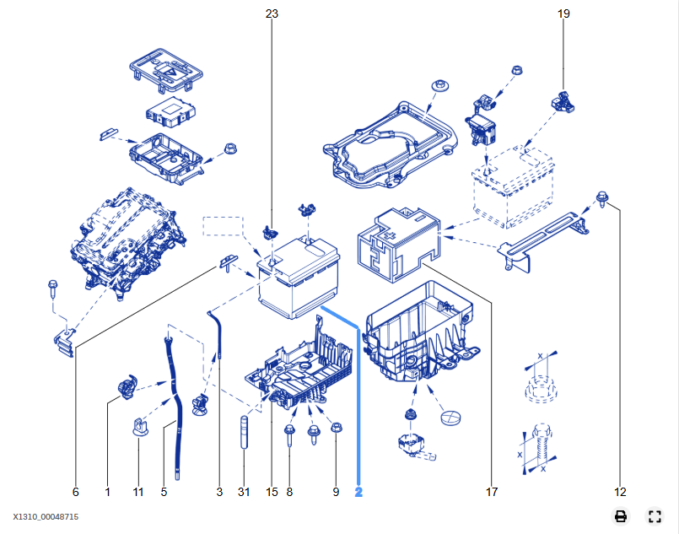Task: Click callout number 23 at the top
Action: click(x=272, y=13)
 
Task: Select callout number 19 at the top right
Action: click(x=563, y=13)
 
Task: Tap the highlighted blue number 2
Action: click(x=358, y=492)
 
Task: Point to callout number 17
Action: click(x=492, y=492)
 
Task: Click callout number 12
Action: click(x=620, y=492)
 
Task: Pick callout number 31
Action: click(x=245, y=492)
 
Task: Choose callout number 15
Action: click(x=272, y=492)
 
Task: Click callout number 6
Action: click(x=75, y=492)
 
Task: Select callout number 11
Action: click(x=138, y=492)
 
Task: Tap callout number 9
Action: click(x=336, y=492)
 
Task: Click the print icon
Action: click(x=621, y=516)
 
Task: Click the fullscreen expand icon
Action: click(x=654, y=516)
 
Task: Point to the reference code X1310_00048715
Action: click(x=46, y=516)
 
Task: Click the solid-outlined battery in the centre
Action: click(x=299, y=278)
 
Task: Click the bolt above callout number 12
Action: click(x=601, y=199)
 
